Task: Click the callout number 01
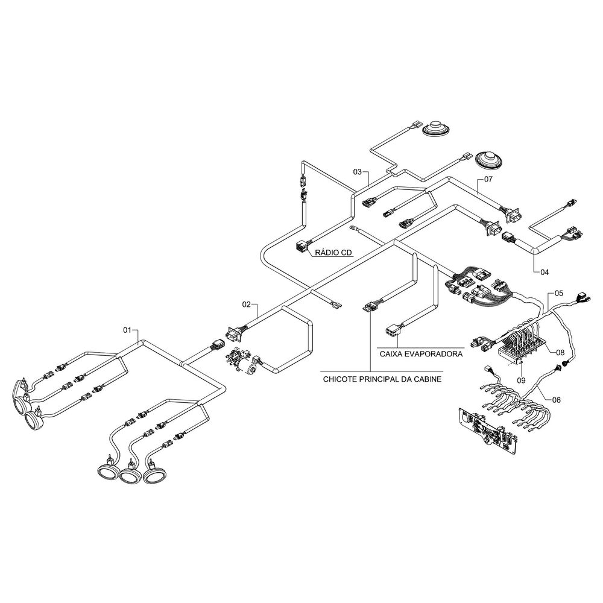127,330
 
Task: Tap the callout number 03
358,172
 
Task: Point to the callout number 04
545,272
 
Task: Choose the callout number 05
558,293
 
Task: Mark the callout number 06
556,399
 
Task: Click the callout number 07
488,180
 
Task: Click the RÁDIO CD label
333,254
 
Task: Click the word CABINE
425,379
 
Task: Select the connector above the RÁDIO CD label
301,246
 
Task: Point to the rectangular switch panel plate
485,429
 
